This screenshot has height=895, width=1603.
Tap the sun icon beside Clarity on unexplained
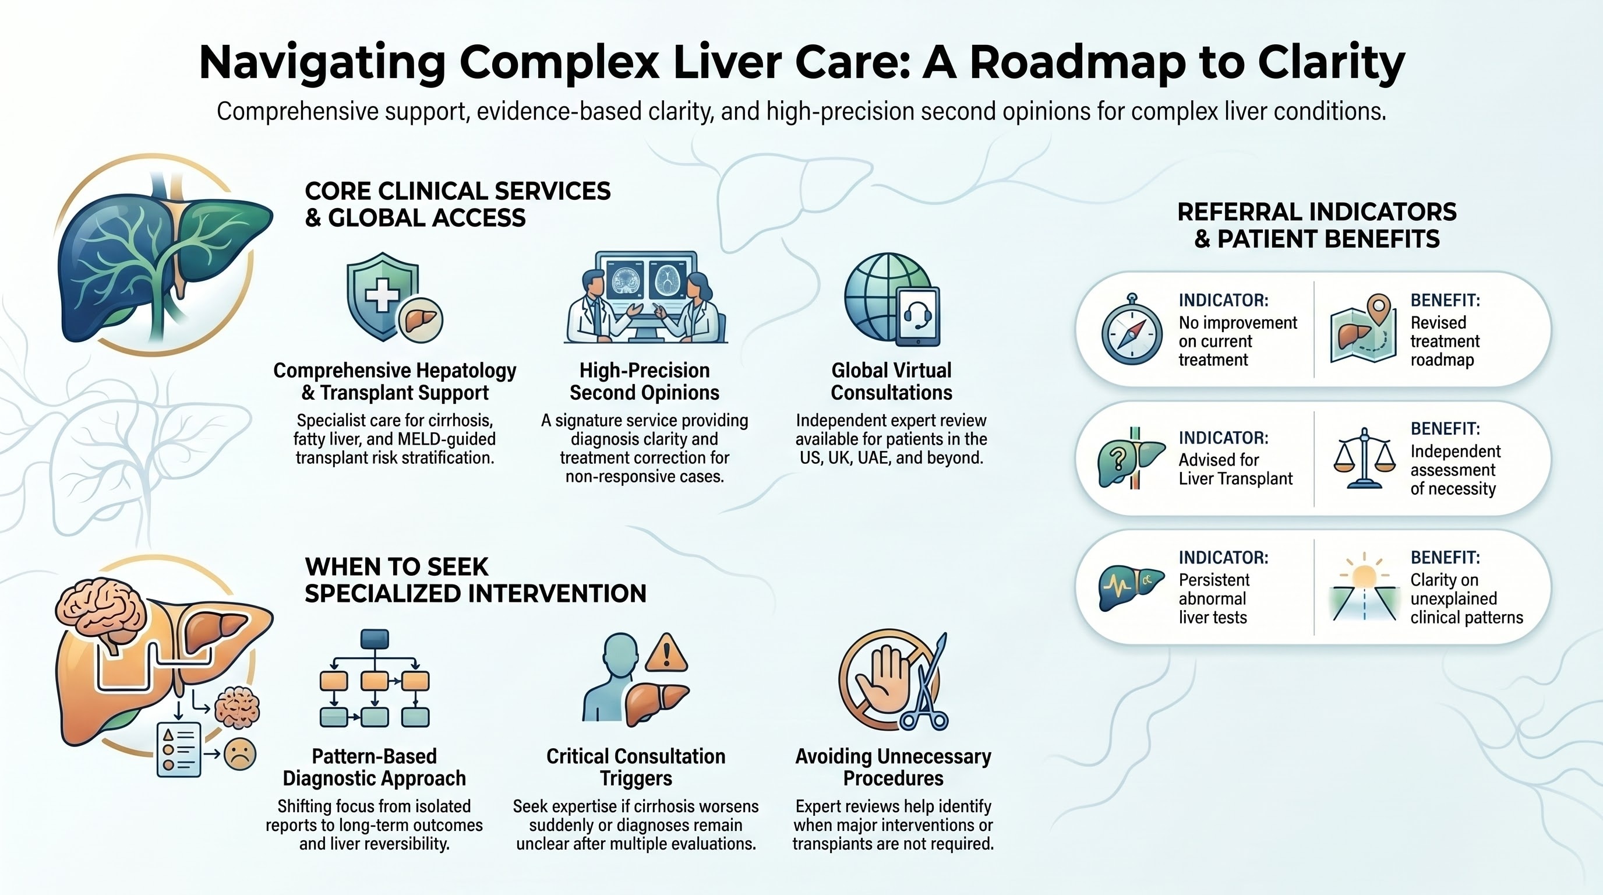click(1364, 576)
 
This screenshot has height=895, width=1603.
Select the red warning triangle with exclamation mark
click(666, 654)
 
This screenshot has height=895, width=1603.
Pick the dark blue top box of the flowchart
click(375, 639)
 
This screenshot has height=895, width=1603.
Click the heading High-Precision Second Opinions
click(644, 382)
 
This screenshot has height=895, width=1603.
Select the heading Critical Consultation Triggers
click(635, 767)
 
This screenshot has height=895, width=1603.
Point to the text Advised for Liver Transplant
click(1235, 469)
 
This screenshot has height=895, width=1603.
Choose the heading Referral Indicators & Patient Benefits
click(1317, 225)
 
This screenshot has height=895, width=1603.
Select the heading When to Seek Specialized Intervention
click(475, 580)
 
